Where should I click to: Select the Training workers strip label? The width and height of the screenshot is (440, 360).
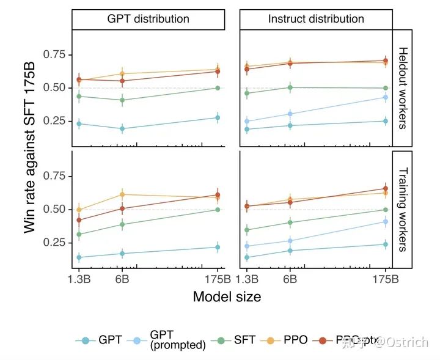403,210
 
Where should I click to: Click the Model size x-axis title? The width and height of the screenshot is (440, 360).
227,297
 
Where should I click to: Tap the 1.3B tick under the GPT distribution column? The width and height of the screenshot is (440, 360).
79,280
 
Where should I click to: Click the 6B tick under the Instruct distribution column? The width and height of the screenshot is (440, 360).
290,280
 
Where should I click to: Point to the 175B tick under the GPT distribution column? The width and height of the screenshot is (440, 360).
218,280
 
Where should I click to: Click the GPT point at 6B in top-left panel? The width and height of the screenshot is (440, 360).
122,129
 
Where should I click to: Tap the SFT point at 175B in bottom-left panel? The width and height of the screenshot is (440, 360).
218,210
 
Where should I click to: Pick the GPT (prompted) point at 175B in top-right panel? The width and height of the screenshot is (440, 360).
386,97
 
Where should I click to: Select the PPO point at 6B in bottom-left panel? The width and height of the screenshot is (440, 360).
122,194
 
